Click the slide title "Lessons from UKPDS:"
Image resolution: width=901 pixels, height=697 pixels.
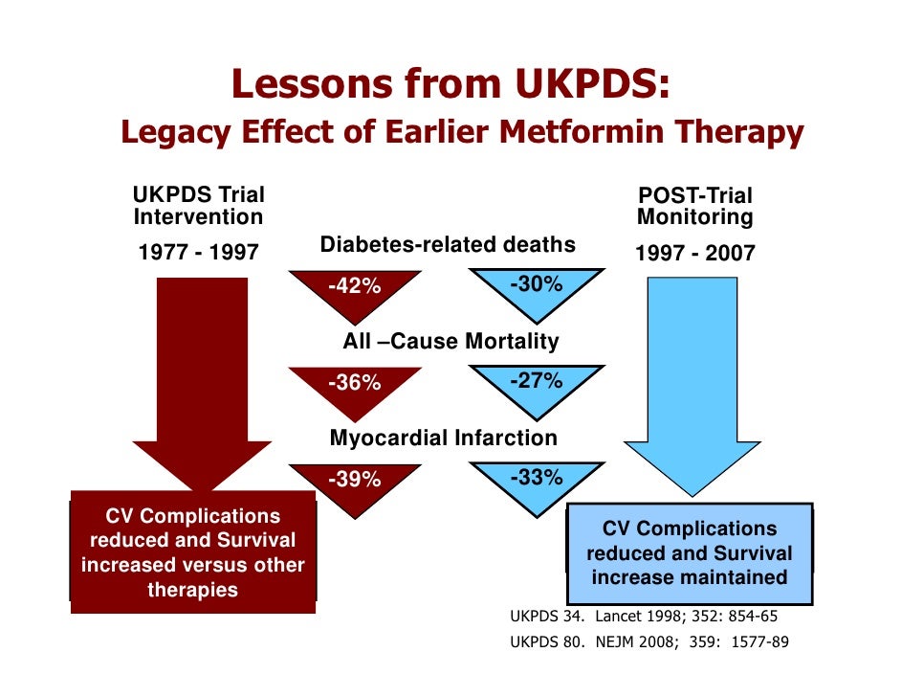pyautogui.click(x=449, y=85)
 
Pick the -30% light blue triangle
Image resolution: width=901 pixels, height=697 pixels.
pyautogui.click(x=536, y=286)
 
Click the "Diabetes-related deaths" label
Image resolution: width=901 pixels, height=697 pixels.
pyautogui.click(x=448, y=245)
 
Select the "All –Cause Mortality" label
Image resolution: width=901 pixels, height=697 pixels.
pyautogui.click(x=450, y=342)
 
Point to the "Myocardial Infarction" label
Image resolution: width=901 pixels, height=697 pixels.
pyautogui.click(x=443, y=438)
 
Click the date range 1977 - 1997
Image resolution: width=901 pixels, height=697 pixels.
pyautogui.click(x=199, y=253)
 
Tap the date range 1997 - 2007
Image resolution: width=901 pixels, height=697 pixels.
pyautogui.click(x=695, y=254)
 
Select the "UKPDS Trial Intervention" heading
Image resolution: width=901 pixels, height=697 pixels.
pyautogui.click(x=198, y=206)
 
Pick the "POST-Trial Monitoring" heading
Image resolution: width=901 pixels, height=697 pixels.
pyautogui.click(x=695, y=207)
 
